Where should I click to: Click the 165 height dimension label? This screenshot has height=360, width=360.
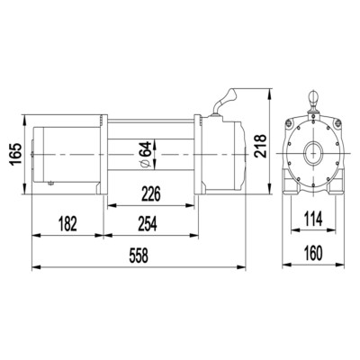pos(15,154)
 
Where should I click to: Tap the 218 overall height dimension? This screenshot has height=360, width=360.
pos(260,146)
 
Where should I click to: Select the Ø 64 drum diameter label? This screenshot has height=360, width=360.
pos(146,154)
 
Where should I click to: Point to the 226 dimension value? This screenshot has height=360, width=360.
pos(151,194)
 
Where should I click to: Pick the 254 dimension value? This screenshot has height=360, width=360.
pos(148,224)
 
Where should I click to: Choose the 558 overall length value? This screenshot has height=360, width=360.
pos(139,256)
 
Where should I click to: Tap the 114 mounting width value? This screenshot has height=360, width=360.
pos(313,219)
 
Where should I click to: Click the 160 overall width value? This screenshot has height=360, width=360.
pos(313,253)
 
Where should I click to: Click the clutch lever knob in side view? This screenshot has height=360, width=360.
pos(229,95)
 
